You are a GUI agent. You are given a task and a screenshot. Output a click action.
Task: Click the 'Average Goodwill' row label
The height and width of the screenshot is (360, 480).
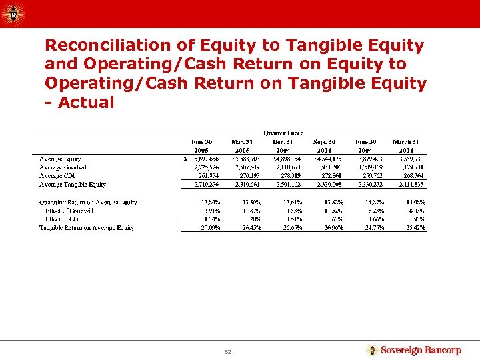pos(63,167)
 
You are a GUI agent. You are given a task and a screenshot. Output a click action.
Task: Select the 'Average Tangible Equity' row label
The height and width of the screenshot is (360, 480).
pos(73,185)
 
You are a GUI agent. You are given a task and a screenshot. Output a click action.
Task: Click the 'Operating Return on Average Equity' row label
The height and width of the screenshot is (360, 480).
pos(88,202)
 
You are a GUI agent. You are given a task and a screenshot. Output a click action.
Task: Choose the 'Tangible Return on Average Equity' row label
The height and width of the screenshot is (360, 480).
pos(86,228)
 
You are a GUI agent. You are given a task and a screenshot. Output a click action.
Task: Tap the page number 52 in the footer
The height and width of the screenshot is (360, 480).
pos(227,351)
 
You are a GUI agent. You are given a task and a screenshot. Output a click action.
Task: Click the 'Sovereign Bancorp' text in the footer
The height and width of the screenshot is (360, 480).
pos(420,350)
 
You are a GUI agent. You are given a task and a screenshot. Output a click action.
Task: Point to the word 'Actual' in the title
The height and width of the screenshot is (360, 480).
pos(86,103)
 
